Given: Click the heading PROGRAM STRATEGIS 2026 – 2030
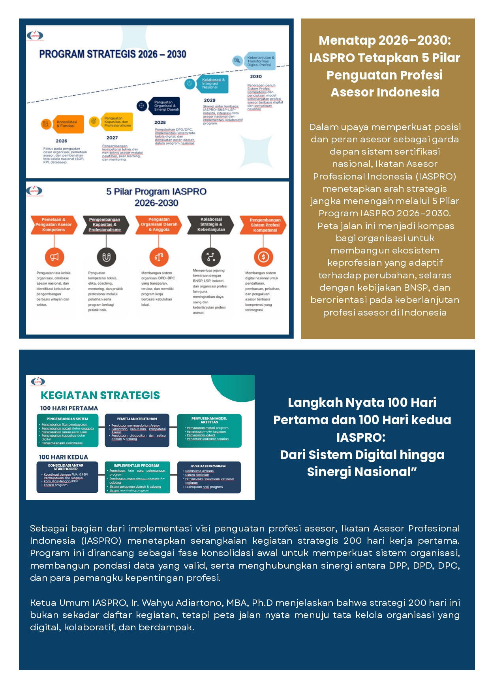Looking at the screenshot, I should coord(113,54).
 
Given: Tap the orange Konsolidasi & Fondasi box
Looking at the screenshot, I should coord(67,124).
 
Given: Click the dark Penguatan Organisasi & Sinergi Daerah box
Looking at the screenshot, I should coord(166,106).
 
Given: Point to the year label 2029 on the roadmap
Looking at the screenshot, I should coord(210,100).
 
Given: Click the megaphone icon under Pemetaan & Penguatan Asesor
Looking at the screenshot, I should coord(54,257).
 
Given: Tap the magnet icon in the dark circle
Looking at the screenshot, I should coord(107,257).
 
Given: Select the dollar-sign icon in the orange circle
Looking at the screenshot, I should coord(263,257).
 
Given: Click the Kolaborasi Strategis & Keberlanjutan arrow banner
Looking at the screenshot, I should coord(211,225).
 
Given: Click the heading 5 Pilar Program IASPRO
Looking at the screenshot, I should coord(156,192).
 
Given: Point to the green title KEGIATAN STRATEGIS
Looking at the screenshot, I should coord(100,395).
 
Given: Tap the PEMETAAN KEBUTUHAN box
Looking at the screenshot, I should coord(137,430).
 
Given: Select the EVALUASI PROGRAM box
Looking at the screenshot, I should coord(208,477).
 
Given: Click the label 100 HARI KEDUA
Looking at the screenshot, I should coord(64,457).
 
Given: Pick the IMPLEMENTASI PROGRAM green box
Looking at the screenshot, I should coord(137,477).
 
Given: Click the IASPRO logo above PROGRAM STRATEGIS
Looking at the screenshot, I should coord(35,36).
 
